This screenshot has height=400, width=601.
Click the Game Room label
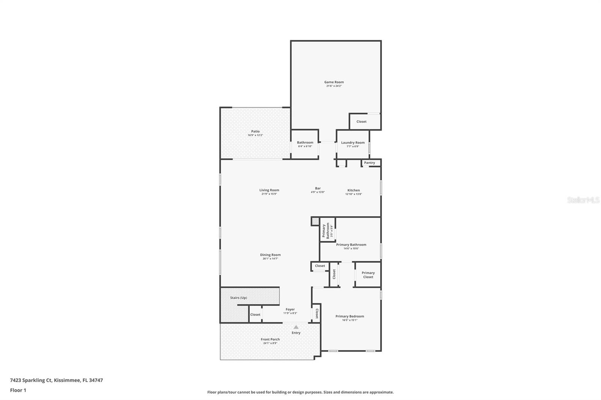pyautogui.click(x=334, y=82)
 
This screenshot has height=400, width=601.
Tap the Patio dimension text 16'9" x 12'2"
pyautogui.click(x=255, y=135)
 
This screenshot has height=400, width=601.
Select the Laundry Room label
pyautogui.click(x=353, y=143)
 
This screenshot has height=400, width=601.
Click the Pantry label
pyautogui.click(x=369, y=163)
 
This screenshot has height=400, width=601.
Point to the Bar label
pyautogui.click(x=318, y=188)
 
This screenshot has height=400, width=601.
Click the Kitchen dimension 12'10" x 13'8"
pyautogui.click(x=353, y=194)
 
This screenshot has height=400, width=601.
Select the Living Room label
pyautogui.click(x=269, y=190)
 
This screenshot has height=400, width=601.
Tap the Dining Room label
pyautogui.click(x=270, y=255)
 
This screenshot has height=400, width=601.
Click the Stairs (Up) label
pyautogui.click(x=239, y=298)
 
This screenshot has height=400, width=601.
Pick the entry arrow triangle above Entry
pyautogui.click(x=296, y=327)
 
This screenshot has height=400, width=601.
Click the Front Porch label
pyautogui.click(x=270, y=339)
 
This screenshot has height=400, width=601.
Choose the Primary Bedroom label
pyautogui.click(x=350, y=316)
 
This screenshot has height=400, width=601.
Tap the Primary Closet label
pyautogui.click(x=368, y=275)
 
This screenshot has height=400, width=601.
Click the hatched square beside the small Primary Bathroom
pyautogui.click(x=315, y=221)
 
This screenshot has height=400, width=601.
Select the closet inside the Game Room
pyautogui.click(x=361, y=122)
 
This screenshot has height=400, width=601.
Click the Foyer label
pyautogui.click(x=290, y=310)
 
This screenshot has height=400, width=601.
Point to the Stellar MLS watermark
pyautogui.click(x=583, y=200)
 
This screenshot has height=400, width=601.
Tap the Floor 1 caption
pyautogui.click(x=18, y=390)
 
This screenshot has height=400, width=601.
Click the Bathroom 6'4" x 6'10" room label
pyautogui.click(x=305, y=143)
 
